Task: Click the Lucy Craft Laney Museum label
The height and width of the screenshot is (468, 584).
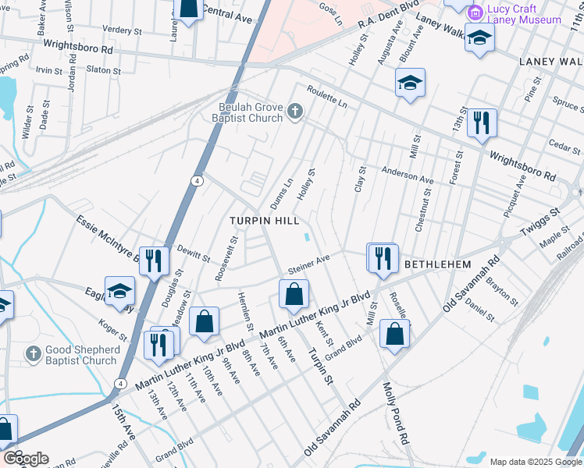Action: [524, 15]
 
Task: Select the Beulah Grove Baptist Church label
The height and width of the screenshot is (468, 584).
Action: [250, 112]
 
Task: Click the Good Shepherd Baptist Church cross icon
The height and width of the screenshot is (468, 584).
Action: [33, 355]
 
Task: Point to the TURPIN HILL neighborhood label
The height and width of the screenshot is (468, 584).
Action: [265, 222]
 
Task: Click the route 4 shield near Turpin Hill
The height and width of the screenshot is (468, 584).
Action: [198, 181]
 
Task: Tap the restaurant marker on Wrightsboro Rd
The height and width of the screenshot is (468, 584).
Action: [482, 123]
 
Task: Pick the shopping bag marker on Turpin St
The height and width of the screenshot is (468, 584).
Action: [294, 294]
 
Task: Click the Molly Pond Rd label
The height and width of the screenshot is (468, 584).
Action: [396, 414]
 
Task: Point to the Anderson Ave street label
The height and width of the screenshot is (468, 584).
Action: [407, 174]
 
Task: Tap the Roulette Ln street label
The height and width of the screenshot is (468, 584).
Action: [326, 97]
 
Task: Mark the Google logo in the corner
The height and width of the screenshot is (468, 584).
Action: [26, 458]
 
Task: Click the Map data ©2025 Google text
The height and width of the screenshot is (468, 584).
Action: [536, 462]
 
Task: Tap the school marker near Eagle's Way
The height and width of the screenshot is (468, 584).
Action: [119, 292]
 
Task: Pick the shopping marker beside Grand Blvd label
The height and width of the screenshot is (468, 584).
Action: [395, 333]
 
